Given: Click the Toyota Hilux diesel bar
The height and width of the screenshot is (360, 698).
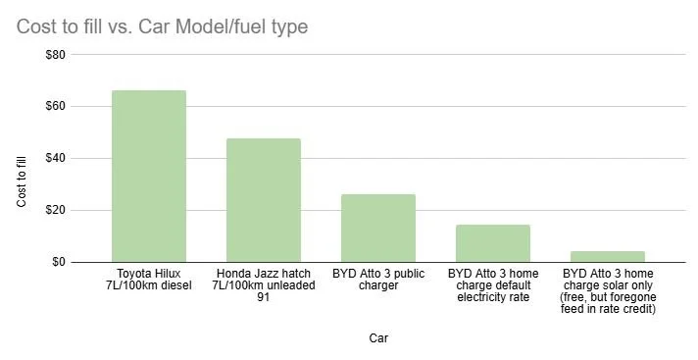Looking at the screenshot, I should point(149,177).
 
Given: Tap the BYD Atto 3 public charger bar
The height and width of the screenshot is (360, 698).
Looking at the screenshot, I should point(378,228).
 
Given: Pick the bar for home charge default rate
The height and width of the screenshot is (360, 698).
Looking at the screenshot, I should point(493,243).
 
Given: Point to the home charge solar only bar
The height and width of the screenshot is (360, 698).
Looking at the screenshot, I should point(608,257).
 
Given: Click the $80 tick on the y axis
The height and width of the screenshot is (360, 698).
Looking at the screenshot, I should point(55,55).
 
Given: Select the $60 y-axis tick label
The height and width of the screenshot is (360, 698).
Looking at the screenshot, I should point(55,107).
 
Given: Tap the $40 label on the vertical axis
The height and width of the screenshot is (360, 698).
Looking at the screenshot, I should point(55,159).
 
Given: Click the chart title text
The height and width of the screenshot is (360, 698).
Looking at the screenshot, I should point(162,26).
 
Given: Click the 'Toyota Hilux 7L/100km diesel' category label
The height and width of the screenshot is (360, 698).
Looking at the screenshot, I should point(149,279).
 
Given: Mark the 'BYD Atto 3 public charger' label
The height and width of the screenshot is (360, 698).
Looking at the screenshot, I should point(378,279).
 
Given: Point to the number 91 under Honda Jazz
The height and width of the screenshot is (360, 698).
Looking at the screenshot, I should point(264,297).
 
